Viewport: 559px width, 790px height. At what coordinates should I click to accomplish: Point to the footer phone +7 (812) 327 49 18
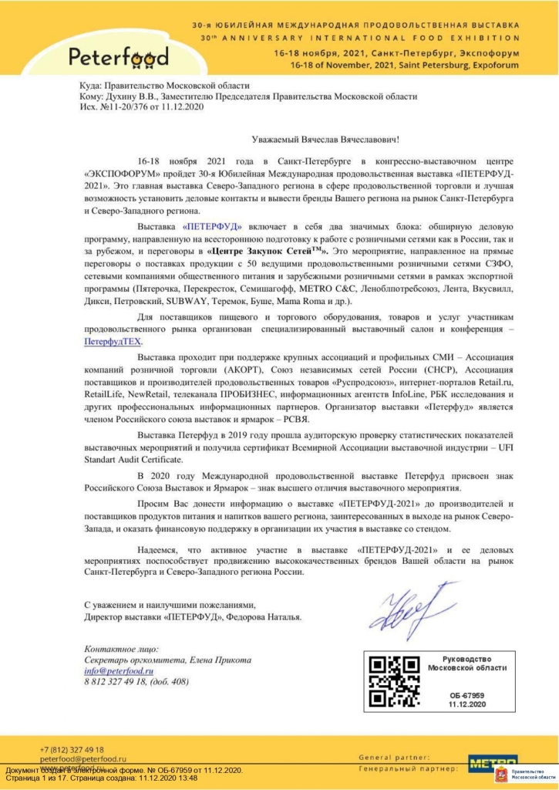[72, 749]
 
